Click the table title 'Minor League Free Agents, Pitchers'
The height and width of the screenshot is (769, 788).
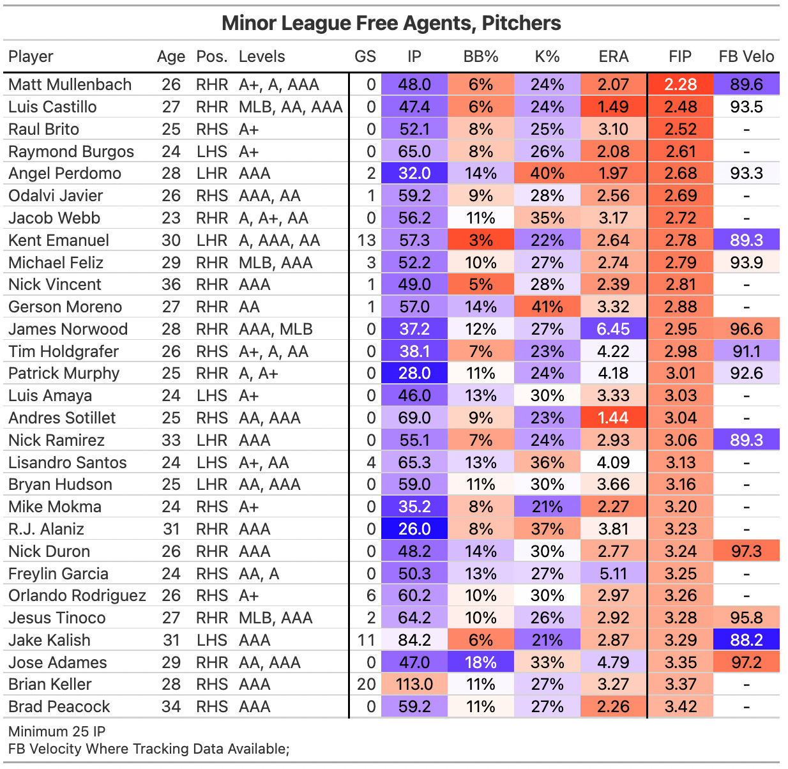pyautogui.click(x=391, y=24)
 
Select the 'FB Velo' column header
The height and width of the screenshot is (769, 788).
pyautogui.click(x=746, y=57)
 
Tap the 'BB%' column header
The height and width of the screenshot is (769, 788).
pyautogui.click(x=480, y=57)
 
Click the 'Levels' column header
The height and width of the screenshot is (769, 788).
pyautogui.click(x=262, y=57)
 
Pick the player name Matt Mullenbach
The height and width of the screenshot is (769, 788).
pyautogui.click(x=70, y=85)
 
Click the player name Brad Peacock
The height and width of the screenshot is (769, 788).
pyautogui.click(x=59, y=707)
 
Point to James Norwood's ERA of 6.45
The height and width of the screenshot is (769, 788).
pyautogui.click(x=613, y=330)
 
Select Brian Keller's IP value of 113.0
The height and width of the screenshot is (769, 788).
pyautogui.click(x=414, y=685)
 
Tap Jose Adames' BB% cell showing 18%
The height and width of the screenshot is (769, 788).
pyautogui.click(x=480, y=663)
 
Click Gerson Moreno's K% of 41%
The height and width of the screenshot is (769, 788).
pyautogui.click(x=547, y=307)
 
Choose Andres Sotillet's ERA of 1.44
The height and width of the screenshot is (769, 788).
pyautogui.click(x=613, y=418)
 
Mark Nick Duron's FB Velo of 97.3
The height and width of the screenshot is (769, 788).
pyautogui.click(x=746, y=552)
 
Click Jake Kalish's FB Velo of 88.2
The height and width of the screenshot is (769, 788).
pyautogui.click(x=746, y=641)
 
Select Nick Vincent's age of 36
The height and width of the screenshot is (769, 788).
pyautogui.click(x=170, y=285)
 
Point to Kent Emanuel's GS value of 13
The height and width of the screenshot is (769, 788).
pyautogui.click(x=365, y=241)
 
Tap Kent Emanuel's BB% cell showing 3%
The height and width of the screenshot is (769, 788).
pyautogui.click(x=480, y=241)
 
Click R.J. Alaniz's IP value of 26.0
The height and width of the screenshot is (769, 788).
pyautogui.click(x=414, y=529)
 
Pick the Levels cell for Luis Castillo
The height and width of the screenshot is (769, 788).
pyautogui.click(x=291, y=107)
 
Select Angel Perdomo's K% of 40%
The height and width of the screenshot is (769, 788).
pyautogui.click(x=547, y=174)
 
